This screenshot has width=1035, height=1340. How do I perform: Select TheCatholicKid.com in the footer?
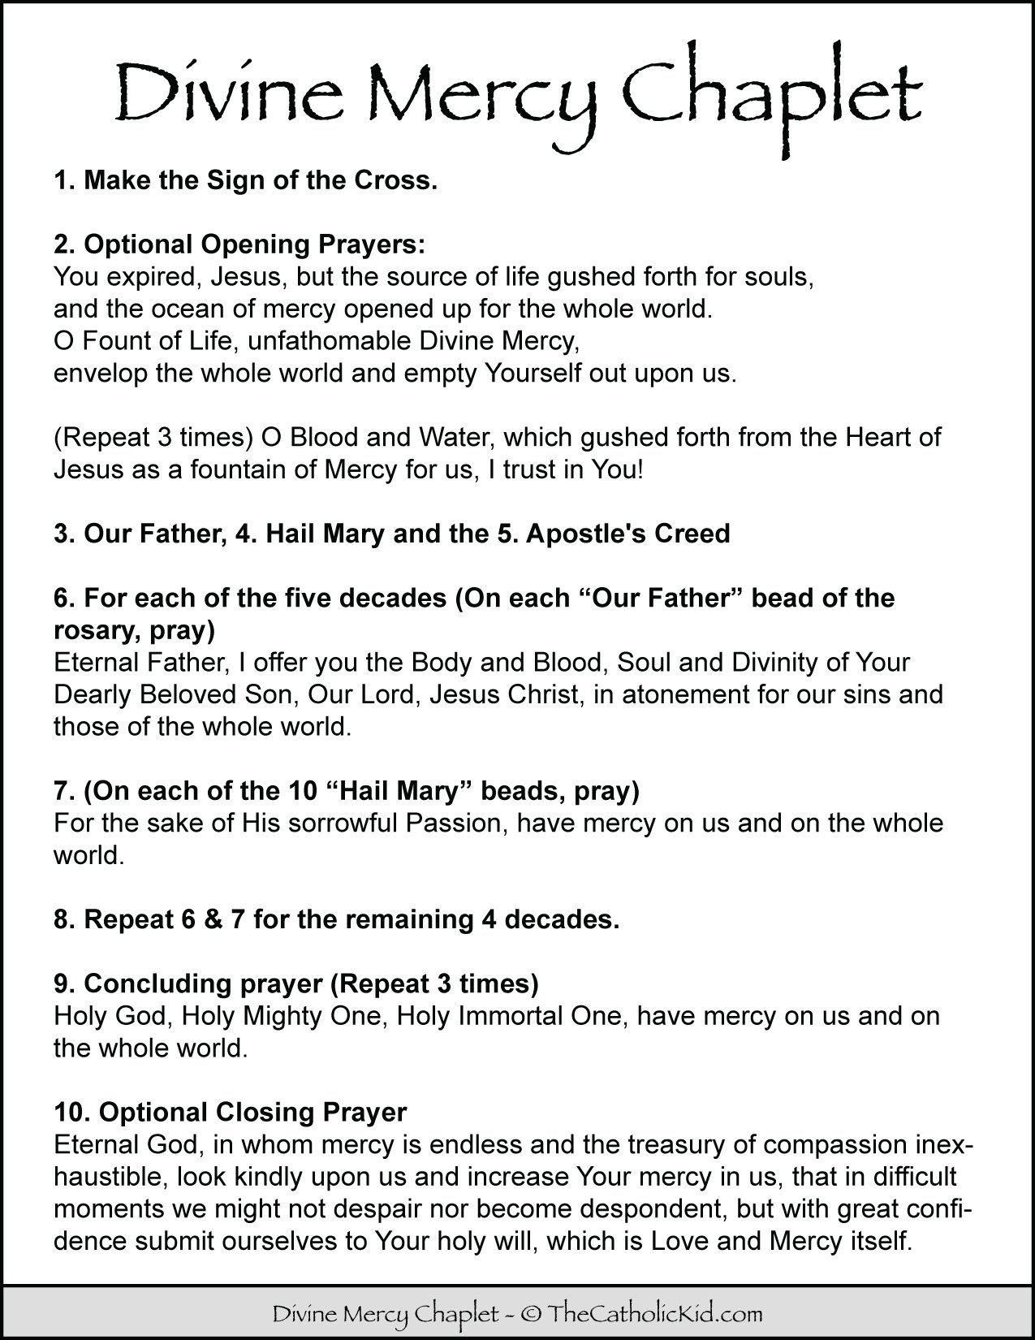click(x=655, y=1312)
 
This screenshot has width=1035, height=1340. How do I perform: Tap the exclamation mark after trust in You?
click(x=640, y=469)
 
